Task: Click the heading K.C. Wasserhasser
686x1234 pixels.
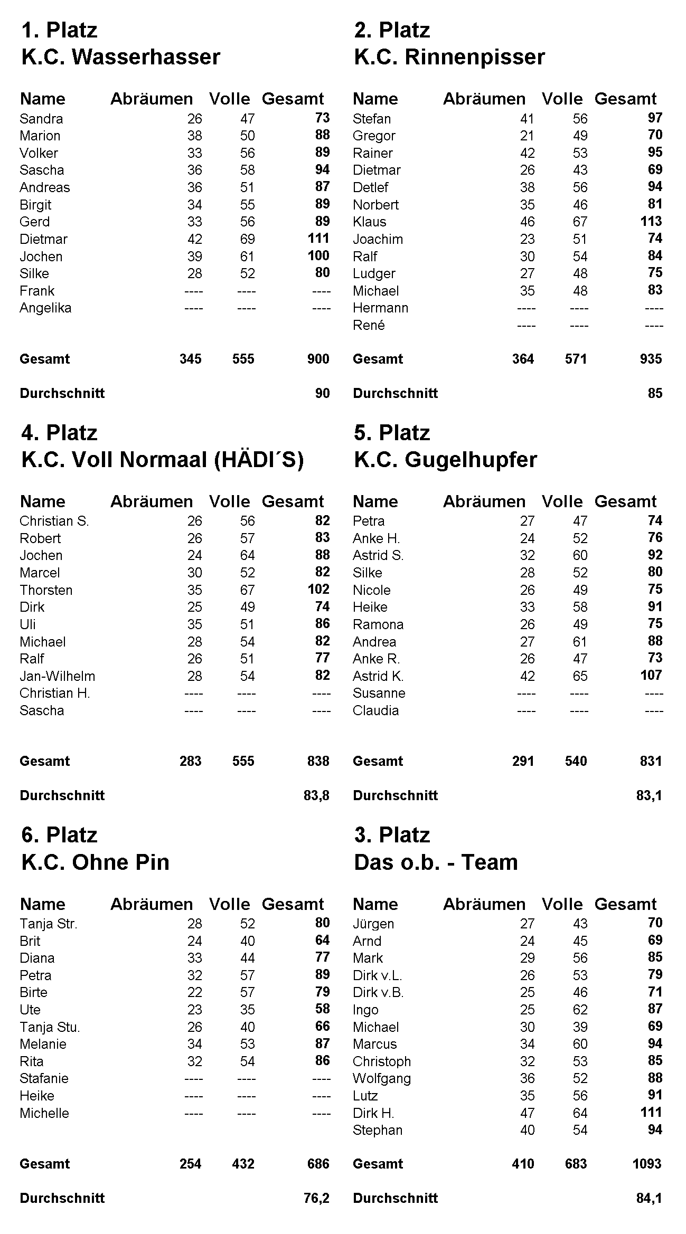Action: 120,57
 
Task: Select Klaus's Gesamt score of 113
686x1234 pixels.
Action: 651,221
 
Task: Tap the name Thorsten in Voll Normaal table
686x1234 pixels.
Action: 46,590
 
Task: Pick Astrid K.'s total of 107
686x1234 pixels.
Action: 651,675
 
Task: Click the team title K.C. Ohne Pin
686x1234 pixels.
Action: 95,862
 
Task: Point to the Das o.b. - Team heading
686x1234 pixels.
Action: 436,862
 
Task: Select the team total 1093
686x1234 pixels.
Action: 647,1163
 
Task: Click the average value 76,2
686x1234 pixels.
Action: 316,1198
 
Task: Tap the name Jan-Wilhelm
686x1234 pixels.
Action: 57,676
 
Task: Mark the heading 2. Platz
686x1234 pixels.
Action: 392,30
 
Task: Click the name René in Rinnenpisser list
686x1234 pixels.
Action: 369,325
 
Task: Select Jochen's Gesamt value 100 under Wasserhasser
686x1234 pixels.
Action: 318,255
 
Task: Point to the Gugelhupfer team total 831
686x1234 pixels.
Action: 651,761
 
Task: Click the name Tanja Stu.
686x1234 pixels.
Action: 50,1027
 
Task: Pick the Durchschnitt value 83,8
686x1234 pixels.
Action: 316,795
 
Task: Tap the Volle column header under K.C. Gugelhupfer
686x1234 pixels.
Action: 562,501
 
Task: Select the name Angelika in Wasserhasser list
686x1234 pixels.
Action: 45,308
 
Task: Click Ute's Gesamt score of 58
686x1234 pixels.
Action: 322,1009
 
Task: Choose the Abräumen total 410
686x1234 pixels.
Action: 523,1163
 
